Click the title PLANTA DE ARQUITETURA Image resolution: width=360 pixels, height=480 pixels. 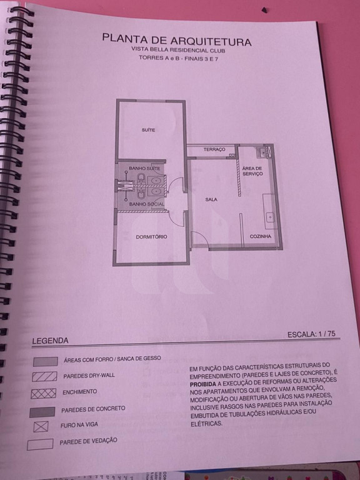click(177, 40)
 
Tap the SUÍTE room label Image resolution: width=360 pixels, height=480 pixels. click(148, 130)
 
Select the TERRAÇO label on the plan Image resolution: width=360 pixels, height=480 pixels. click(214, 149)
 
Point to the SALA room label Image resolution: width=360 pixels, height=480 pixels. click(211, 199)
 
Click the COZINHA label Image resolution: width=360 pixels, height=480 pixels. click(261, 236)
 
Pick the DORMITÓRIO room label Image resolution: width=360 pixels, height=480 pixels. click(151, 237)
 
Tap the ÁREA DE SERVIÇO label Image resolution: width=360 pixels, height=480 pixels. click(252, 171)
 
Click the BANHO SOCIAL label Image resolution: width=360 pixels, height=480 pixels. click(147, 204)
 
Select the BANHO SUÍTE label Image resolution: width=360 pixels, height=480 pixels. click(144, 168)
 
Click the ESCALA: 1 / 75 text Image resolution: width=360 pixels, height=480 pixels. click(311, 334)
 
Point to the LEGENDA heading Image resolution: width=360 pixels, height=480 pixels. click(50, 341)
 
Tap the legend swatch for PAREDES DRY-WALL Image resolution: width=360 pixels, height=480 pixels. click(45, 376)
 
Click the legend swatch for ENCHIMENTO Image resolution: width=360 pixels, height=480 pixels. click(44, 393)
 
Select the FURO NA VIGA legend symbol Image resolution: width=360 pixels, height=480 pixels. click(41, 426)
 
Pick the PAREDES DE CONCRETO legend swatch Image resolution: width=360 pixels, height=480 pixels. click(42, 412)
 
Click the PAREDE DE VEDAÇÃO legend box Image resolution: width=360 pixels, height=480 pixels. click(40, 444)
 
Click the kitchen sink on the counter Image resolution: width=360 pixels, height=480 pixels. click(270, 217)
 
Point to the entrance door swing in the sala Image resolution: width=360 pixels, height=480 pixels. click(199, 239)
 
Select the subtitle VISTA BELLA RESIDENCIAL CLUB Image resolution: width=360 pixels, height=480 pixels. click(178, 50)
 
